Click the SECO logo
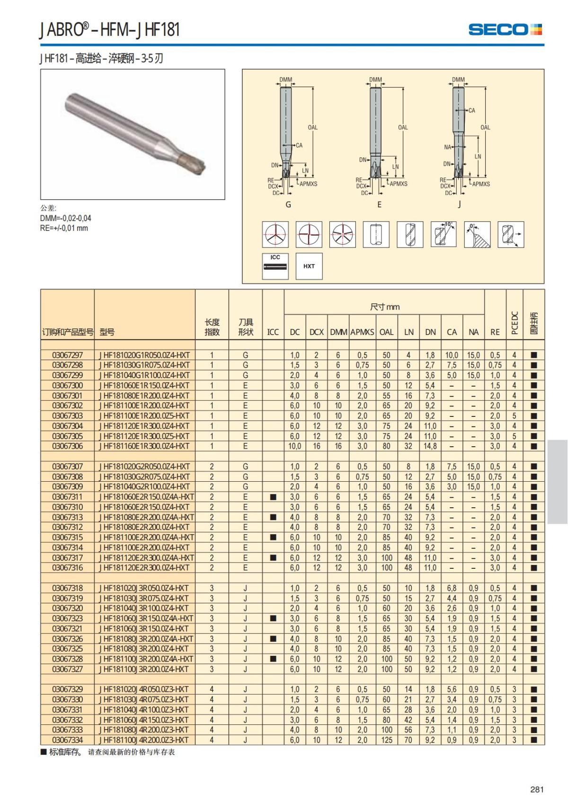coord(505,29)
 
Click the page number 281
coord(537,789)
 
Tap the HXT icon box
coord(309,266)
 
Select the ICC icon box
coord(275,266)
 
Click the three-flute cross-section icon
coord(275,234)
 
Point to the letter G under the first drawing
coord(288,205)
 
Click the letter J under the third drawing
coord(459,205)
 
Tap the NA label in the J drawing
coord(447,147)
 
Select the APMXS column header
coord(362,332)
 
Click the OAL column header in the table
coord(386,332)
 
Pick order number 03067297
coord(67,355)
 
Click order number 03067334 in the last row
coord(67,740)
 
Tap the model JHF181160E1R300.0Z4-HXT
coord(144,446)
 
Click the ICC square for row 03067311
coord(273,497)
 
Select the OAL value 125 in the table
coord(387,740)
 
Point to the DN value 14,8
coord(430,446)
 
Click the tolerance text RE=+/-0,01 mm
coord(64,228)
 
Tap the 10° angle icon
coord(444,234)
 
